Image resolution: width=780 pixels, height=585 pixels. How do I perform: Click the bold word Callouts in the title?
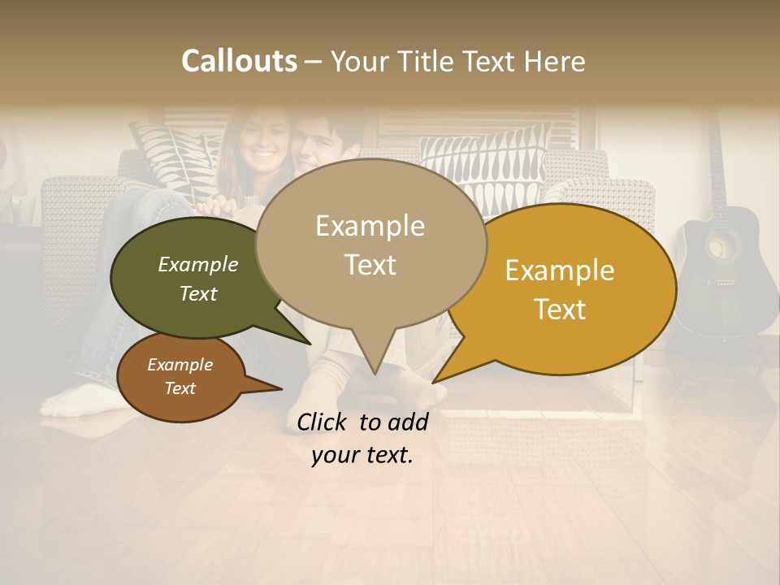point(239,61)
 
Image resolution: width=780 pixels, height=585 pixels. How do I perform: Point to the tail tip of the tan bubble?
point(374,373)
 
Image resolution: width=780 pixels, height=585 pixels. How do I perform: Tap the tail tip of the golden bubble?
point(435,381)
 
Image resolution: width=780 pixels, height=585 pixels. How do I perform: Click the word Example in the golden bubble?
point(560,271)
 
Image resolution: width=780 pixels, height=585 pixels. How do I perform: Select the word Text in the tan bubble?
point(370,265)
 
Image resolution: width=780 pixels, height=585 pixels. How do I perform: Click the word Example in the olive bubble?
point(197,264)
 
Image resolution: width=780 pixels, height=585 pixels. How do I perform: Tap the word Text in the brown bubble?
point(180,388)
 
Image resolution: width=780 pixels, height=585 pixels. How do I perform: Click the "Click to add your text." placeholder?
point(362,439)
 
